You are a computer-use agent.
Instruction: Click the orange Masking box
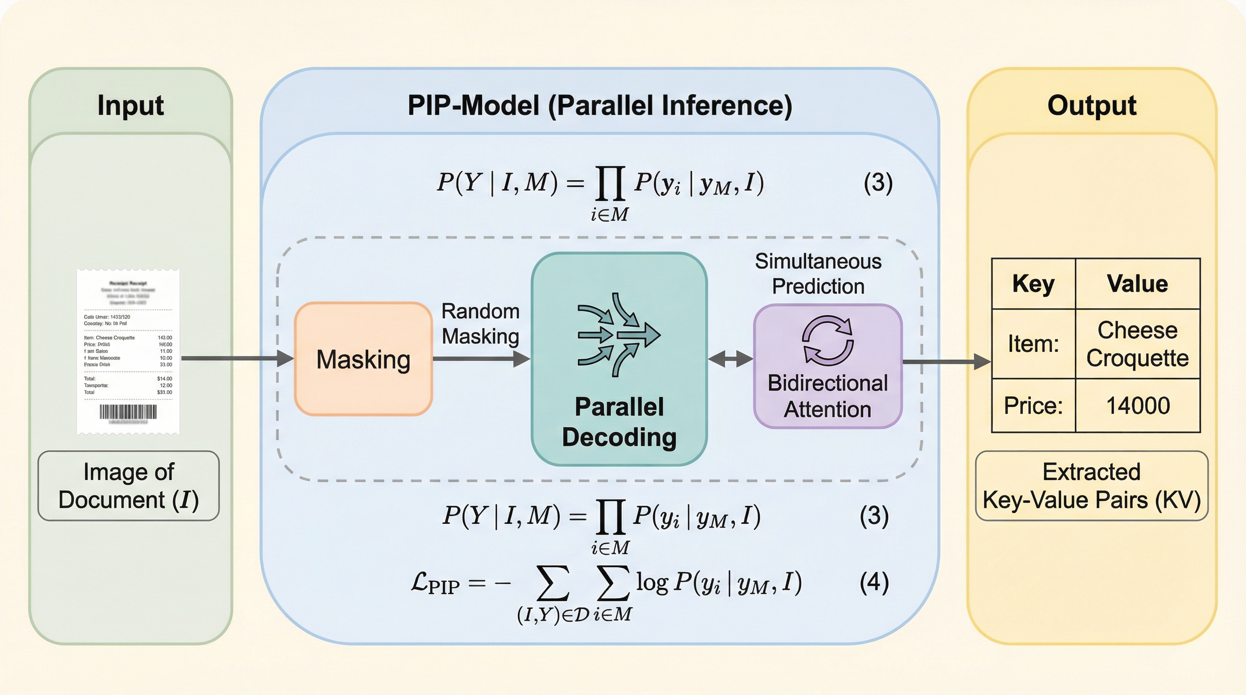363,359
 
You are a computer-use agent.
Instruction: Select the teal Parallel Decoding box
619,359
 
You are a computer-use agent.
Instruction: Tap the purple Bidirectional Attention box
828,366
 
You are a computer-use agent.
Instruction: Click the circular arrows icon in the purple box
828,340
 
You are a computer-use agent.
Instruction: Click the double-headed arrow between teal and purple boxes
730,359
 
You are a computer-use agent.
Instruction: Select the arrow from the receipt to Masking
237,358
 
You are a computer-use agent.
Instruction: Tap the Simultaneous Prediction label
818,274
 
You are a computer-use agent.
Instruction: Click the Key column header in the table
1033,284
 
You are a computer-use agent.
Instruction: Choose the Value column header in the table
1137,284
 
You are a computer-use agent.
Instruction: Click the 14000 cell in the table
1138,405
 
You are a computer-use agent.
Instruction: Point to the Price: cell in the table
1033,405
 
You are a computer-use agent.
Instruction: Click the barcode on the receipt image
128,412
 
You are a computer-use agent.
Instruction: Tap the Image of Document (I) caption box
129,486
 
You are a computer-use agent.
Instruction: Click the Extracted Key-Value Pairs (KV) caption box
1091,486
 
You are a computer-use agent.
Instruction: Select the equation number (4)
874,582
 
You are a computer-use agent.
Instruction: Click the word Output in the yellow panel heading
1092,105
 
